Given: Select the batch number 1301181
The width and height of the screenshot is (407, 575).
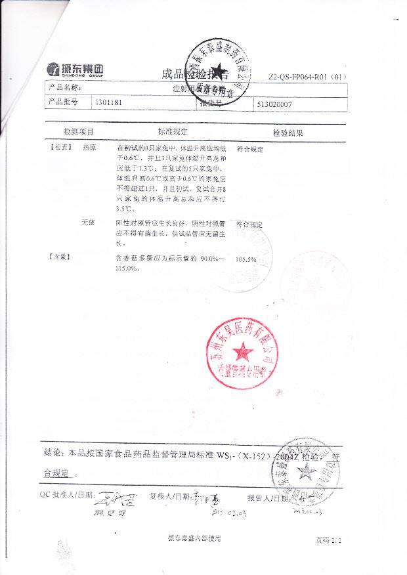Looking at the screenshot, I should (x=109, y=103).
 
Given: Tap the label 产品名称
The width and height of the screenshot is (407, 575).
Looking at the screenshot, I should (x=64, y=87).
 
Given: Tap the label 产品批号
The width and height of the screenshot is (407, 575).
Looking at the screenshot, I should (x=63, y=103).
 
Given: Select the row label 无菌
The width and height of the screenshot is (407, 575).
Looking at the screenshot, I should (x=88, y=223).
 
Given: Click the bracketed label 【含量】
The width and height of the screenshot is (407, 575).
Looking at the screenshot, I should (x=60, y=257).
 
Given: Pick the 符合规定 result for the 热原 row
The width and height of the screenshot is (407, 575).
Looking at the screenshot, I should (x=249, y=150).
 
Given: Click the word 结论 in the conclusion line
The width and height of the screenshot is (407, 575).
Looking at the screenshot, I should (x=53, y=453).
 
